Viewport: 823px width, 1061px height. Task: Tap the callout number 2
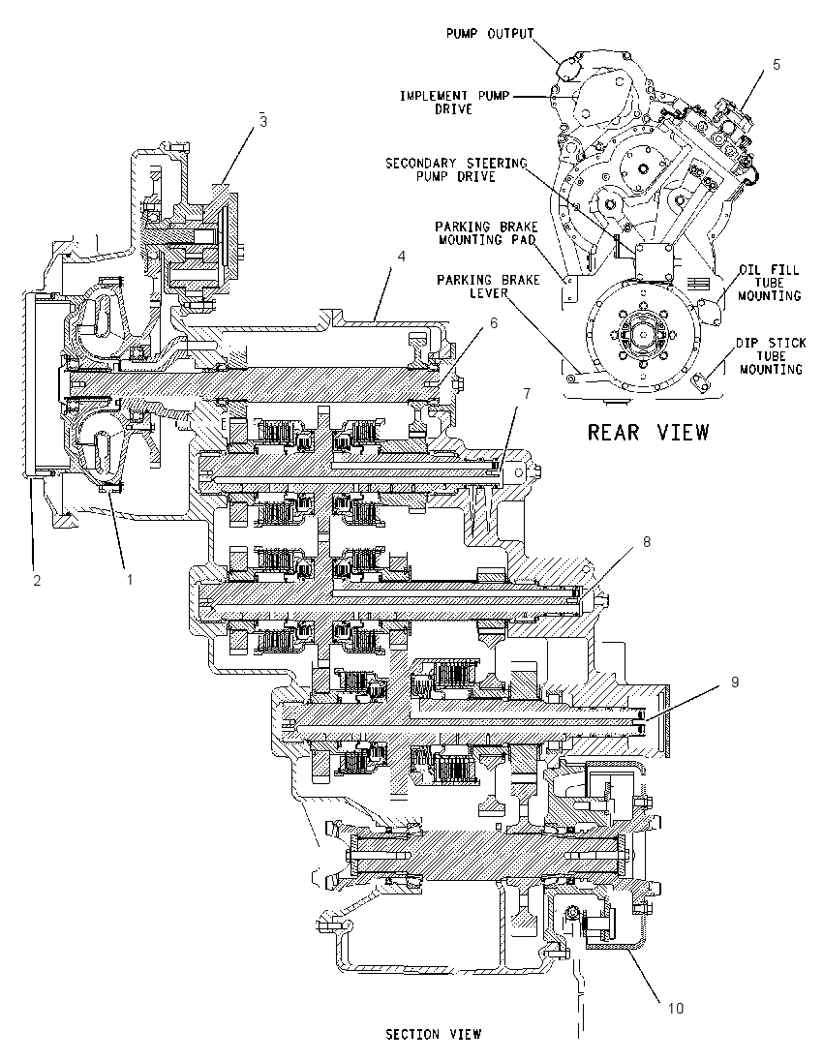[x=37, y=580]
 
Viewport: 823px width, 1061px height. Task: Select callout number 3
[x=263, y=121]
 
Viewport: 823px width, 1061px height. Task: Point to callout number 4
[x=402, y=258]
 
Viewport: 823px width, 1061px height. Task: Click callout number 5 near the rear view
[x=777, y=64]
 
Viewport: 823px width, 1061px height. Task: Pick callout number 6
[x=494, y=323]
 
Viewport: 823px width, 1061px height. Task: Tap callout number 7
[x=526, y=393]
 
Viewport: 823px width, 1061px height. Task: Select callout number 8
[x=647, y=542]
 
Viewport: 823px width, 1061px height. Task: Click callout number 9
[x=736, y=682]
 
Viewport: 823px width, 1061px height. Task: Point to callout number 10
[x=676, y=1008]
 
